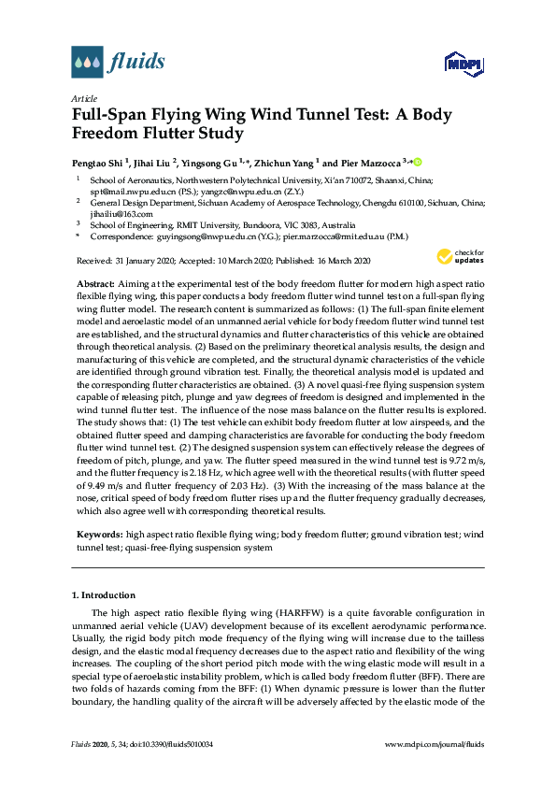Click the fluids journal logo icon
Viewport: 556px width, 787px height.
coord(87,62)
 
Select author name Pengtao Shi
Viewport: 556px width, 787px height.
coord(101,162)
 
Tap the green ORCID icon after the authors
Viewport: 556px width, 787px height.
coord(418,162)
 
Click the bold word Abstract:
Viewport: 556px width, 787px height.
coord(96,282)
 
